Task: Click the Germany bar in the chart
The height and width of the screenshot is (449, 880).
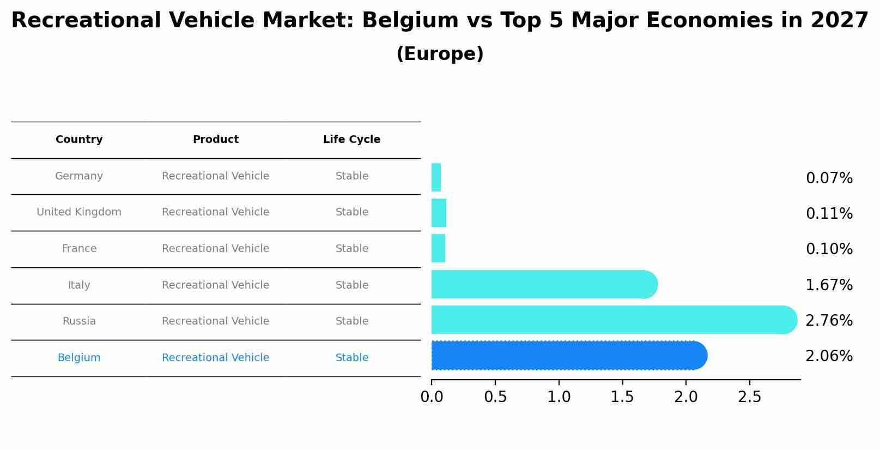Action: (436, 177)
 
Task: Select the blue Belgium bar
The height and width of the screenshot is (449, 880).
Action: (567, 356)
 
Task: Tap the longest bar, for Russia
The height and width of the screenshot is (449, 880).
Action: (610, 320)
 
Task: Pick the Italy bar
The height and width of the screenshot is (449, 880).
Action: (542, 284)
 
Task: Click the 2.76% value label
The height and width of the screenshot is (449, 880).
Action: (829, 320)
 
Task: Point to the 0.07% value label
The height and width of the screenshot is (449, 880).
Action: (829, 178)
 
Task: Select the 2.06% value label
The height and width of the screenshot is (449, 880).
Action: (829, 356)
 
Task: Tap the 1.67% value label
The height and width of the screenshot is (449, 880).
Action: (829, 285)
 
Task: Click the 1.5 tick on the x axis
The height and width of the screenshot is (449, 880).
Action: (622, 397)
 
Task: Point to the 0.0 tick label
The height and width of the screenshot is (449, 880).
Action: (432, 397)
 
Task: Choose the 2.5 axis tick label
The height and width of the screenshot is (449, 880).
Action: (749, 397)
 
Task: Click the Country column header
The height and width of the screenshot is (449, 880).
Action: (79, 140)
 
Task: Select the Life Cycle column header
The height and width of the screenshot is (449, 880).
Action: (351, 140)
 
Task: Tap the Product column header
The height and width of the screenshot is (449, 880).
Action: (215, 140)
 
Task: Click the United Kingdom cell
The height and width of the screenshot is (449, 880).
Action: (79, 212)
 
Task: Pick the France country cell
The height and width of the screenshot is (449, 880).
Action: (79, 249)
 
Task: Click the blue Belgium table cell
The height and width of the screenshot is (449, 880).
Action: (79, 358)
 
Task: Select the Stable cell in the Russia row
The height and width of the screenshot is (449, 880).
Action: (351, 321)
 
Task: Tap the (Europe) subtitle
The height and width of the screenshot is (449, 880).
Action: (440, 54)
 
